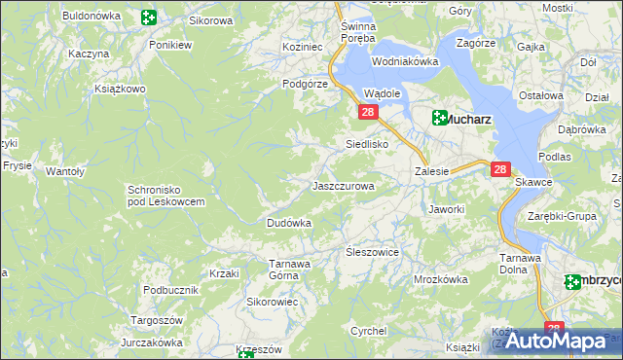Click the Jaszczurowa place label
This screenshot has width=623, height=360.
[342, 185]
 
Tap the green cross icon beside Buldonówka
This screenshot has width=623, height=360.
[148, 17]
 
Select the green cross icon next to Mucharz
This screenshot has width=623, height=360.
[440, 119]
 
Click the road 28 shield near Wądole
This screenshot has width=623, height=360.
[368, 113]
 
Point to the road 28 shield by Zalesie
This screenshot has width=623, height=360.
[500, 169]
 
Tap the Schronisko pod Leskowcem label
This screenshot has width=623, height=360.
[165, 196]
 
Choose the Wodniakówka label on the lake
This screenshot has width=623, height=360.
[404, 61]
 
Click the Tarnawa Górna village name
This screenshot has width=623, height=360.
[289, 269]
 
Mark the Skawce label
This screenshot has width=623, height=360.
[533, 182]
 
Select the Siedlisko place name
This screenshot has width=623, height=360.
[368, 144]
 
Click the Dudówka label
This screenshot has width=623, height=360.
[289, 223]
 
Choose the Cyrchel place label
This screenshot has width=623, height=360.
[369, 331]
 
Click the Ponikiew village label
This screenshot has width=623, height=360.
[168, 45]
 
